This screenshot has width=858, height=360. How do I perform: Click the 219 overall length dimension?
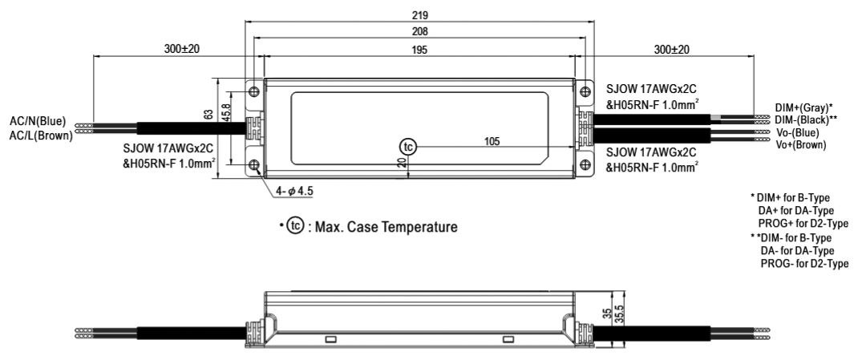[420, 14]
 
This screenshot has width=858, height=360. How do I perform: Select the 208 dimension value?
[420, 32]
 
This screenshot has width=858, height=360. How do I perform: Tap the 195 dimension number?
[420, 49]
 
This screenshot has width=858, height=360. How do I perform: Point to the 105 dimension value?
[492, 142]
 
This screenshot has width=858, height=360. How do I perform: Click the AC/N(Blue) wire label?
[38, 121]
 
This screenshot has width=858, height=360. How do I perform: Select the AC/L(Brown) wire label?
[41, 136]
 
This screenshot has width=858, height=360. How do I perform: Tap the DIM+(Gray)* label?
[803, 107]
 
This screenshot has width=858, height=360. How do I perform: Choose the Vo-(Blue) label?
[797, 133]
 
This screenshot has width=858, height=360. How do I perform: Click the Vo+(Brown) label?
[801, 145]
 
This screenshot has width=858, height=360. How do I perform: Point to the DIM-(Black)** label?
[806, 119]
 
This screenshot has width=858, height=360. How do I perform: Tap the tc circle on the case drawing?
[407, 147]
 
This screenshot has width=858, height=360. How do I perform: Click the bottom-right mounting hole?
[585, 164]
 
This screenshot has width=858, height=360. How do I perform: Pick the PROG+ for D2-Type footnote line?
[803, 223]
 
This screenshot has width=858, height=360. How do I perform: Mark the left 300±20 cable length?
[182, 49]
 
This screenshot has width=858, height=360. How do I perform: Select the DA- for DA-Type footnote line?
[798, 251]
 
